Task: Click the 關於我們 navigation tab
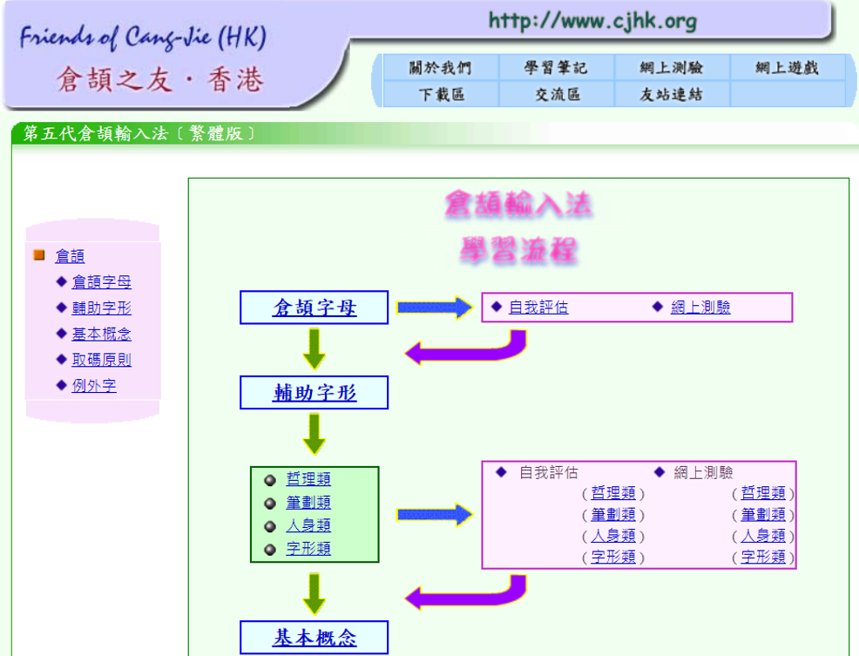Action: [440, 68]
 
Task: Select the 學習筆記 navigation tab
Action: [556, 68]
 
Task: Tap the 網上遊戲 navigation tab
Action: [787, 68]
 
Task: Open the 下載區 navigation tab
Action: [440, 94]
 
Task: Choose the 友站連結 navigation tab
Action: [671, 94]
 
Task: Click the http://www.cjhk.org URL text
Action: [592, 21]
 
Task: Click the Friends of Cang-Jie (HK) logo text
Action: [143, 37]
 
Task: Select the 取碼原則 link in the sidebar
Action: [101, 360]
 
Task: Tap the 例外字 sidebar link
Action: [93, 386]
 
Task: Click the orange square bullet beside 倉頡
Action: [38, 255]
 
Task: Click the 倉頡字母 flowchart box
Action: [314, 308]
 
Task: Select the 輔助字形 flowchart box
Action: [314, 393]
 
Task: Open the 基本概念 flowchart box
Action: [314, 638]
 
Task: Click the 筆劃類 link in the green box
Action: [308, 503]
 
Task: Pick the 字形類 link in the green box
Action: [308, 549]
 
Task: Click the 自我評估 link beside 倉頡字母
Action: [538, 308]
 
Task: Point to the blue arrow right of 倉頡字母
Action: [434, 308]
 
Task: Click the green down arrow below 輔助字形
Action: [315, 433]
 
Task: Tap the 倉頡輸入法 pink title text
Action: [518, 205]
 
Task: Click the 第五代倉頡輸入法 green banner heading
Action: [139, 133]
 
